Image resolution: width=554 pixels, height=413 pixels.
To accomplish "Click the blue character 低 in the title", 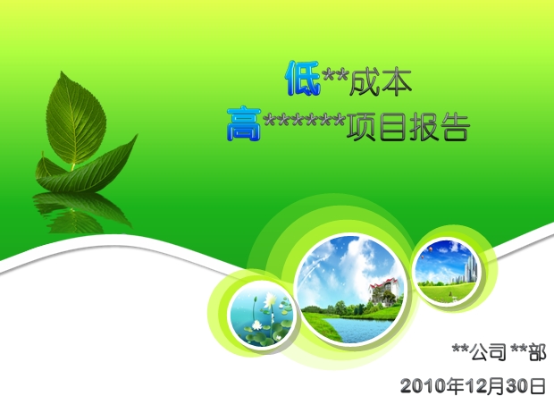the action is tap(303, 79).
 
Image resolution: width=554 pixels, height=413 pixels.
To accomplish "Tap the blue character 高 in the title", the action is tap(244, 123).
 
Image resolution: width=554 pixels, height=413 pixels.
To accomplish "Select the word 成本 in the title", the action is tap(381, 82).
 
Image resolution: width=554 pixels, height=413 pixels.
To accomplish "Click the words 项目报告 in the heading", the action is tap(407, 127).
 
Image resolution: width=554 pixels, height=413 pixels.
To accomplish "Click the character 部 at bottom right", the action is tap(537, 352).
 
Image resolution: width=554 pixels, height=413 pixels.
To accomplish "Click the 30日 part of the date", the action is tap(525, 386).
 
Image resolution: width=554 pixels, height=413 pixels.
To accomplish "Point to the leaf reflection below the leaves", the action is tap(80, 212).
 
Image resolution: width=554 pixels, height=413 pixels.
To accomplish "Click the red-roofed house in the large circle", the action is tap(383, 291).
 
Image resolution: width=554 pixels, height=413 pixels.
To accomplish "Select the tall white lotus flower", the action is tap(270, 299).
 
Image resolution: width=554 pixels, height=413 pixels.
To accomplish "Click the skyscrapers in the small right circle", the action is tap(469, 269).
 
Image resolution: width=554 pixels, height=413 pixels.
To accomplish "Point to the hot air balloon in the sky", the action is tap(430, 249).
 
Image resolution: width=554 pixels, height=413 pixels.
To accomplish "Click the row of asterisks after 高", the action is tap(304, 120).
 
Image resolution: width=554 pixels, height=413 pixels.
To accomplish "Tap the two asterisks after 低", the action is tap(336, 76).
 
